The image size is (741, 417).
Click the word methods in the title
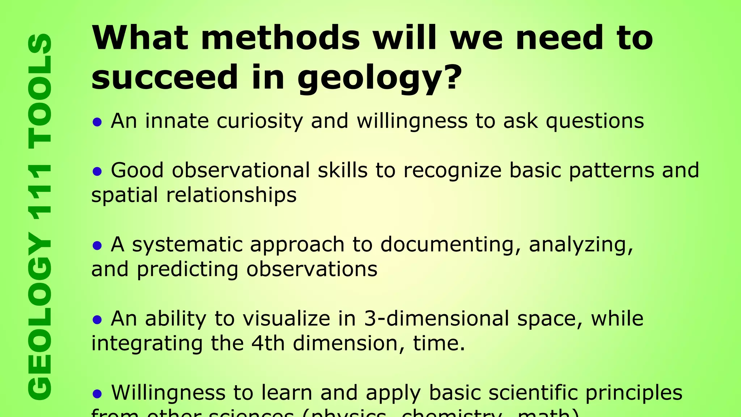(280, 38)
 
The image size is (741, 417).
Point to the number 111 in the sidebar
(40, 192)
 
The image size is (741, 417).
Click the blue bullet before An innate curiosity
(97, 122)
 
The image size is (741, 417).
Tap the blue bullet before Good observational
(97, 171)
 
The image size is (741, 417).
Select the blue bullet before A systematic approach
(97, 246)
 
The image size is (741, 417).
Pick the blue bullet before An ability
(97, 320)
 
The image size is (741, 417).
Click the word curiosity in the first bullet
(260, 121)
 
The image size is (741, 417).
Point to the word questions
(595, 121)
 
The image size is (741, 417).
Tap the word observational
(241, 170)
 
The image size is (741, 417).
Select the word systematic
(187, 245)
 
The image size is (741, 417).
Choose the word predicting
(187, 270)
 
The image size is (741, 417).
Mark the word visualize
(286, 319)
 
